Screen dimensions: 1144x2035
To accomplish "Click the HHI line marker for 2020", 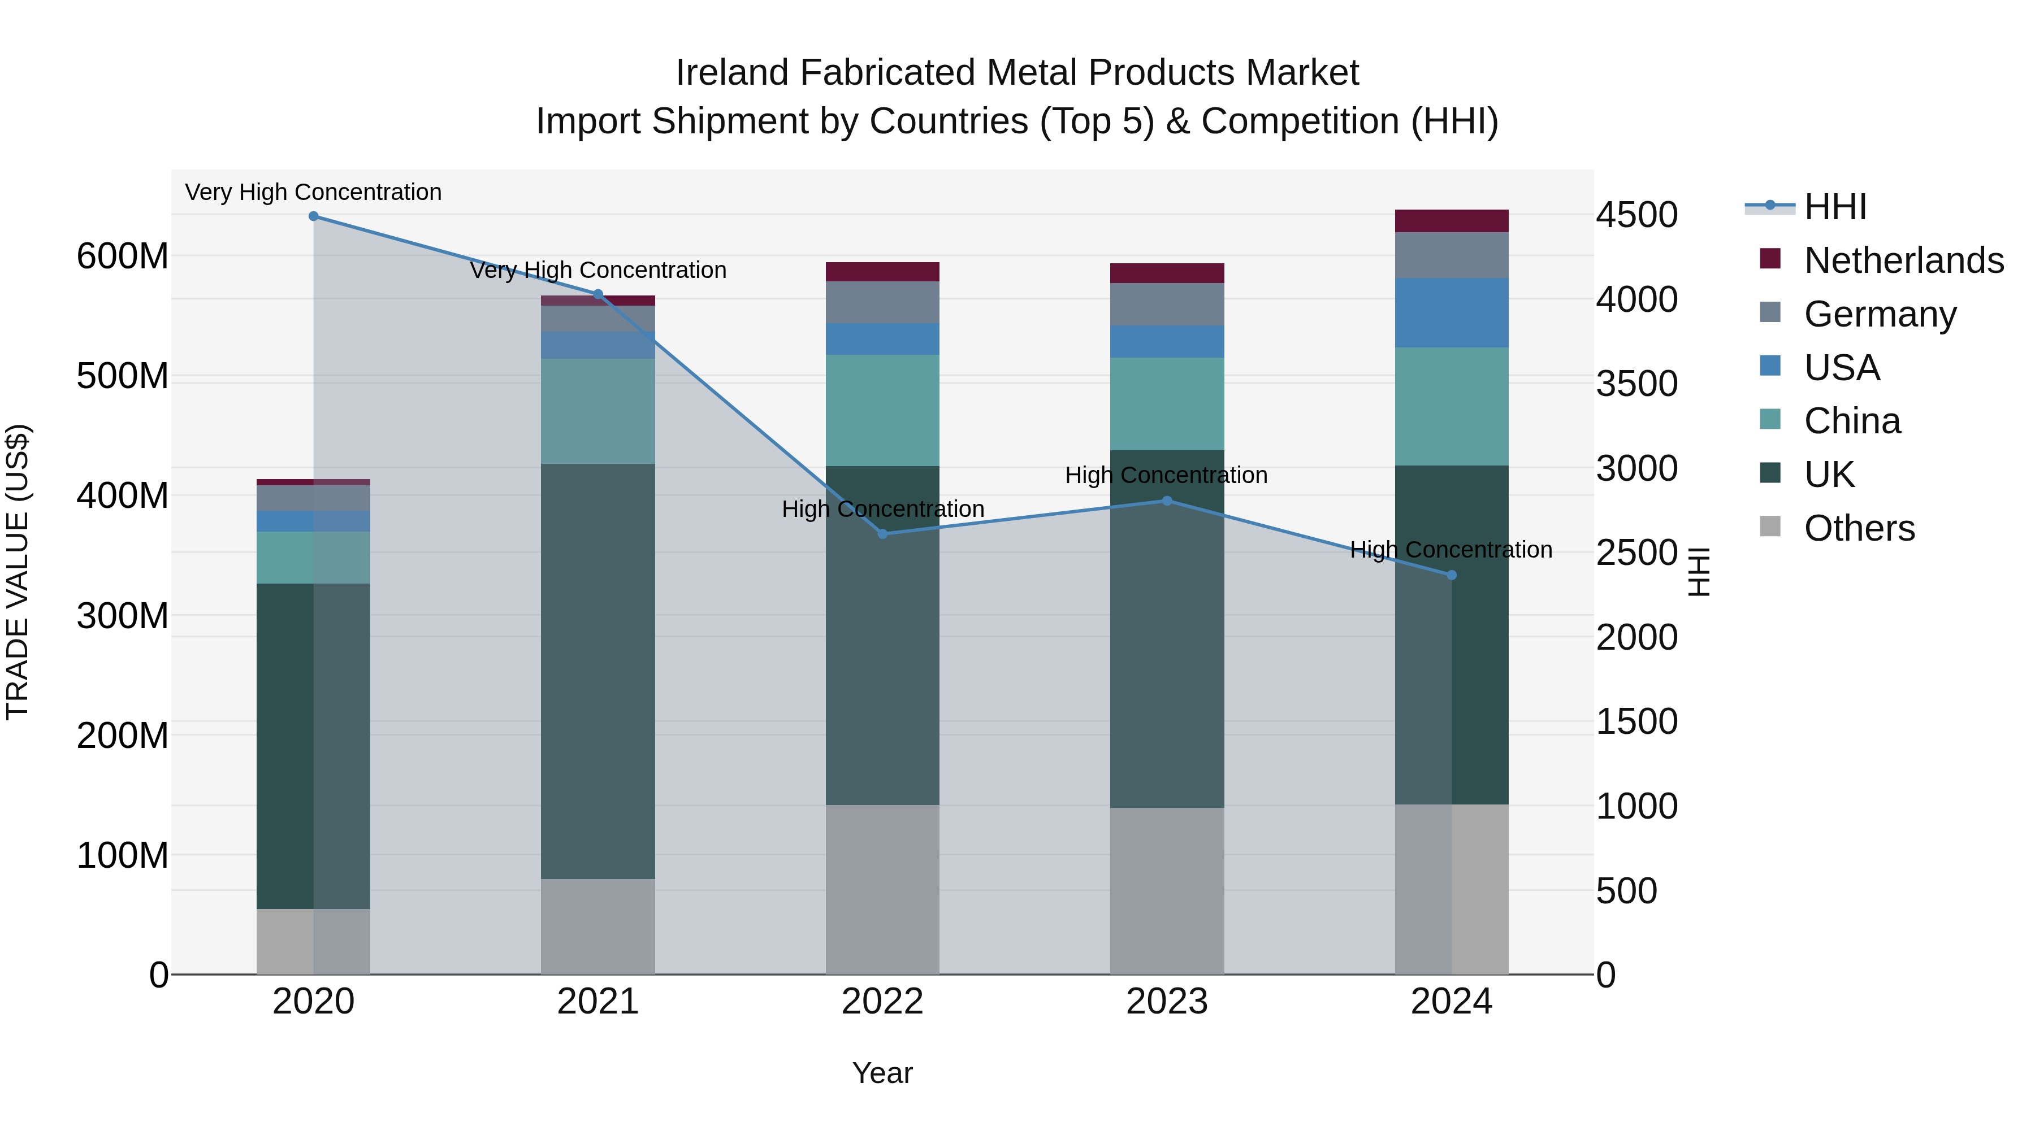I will tap(314, 216).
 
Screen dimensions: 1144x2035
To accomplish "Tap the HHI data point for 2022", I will tap(882, 534).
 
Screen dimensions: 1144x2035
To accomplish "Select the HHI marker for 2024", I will tap(1451, 575).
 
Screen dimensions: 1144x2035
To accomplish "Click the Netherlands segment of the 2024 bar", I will tap(1451, 221).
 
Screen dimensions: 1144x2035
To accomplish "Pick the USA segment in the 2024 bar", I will tap(1451, 312).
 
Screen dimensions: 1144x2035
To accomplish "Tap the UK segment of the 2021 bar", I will tap(598, 671).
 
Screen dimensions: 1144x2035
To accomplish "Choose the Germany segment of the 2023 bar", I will tap(1167, 304).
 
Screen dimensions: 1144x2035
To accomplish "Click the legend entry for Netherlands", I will tap(1903, 260).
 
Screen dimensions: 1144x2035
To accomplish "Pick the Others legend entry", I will tap(1859, 528).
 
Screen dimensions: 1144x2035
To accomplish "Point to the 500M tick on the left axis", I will tap(123, 376).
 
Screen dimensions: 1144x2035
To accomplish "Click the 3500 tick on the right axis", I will tap(1637, 384).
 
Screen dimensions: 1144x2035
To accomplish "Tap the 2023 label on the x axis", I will tap(1167, 1002).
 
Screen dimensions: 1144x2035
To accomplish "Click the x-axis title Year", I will tap(882, 1073).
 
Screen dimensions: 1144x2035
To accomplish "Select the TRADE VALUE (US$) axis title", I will tap(18, 572).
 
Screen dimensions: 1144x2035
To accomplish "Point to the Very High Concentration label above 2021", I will tap(598, 270).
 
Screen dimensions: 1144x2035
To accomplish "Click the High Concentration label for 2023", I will tap(1166, 475).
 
